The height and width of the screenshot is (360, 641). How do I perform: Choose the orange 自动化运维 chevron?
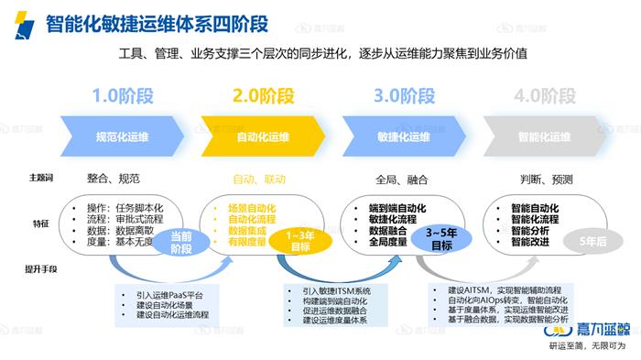tap(263, 137)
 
